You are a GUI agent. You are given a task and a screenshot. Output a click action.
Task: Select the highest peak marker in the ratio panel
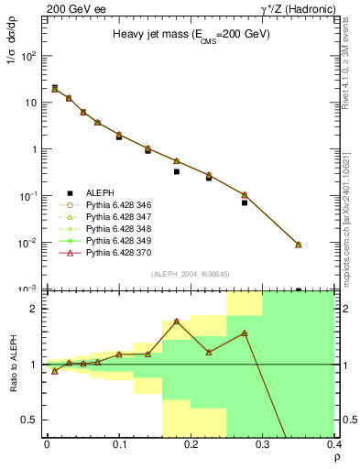click(x=177, y=322)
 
